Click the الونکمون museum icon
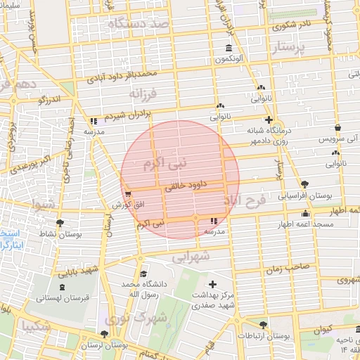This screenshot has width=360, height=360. (230, 48)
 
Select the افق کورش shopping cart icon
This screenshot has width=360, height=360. (127, 194)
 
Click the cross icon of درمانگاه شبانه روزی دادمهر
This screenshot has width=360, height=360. (269, 120)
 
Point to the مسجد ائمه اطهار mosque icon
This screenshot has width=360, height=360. (304, 213)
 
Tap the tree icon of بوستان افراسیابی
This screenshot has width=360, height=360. (304, 184)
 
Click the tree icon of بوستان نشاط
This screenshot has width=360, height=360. (60, 221)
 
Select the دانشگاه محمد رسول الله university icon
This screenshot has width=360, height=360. (143, 274)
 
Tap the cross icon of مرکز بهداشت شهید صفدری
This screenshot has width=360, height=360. (213, 284)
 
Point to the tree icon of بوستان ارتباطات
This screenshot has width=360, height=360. (263, 324)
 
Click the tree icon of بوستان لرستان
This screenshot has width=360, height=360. (105, 334)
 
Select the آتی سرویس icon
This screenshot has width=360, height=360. (339, 129)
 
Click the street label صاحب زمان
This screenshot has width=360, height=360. (288, 268)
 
